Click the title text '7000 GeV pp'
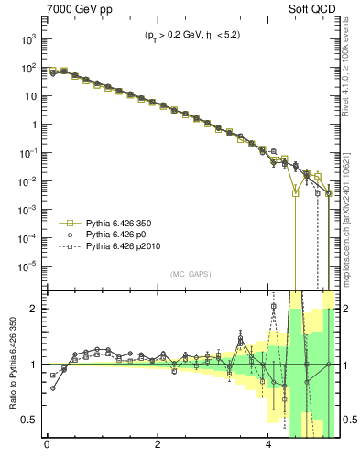(x=74, y=10)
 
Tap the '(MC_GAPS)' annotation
(x=189, y=274)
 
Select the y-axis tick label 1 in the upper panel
(x=35, y=125)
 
